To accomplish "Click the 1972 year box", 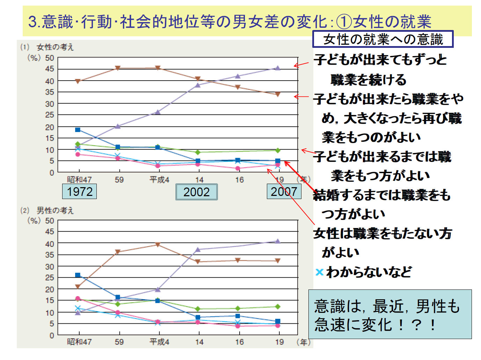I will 80,192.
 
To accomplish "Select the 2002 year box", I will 196,192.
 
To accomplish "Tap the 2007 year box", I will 284,191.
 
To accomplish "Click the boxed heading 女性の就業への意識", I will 383,39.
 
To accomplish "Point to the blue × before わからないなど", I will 319,272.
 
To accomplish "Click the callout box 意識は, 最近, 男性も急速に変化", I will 390,314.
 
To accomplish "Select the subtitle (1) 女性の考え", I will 47,47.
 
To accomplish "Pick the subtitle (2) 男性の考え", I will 47,211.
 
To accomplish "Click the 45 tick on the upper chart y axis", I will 50,69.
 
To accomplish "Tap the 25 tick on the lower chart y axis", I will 50,278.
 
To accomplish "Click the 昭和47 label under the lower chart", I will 79,342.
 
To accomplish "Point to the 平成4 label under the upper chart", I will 159,180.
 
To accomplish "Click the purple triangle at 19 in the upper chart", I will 278,68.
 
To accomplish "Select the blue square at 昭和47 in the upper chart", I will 78,130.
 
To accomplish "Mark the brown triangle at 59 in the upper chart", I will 118,68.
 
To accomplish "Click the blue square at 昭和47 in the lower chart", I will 78,275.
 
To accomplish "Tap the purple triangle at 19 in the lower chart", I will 278,241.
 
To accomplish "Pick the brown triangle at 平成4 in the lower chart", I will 158,245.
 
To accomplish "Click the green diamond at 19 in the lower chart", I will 278,307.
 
